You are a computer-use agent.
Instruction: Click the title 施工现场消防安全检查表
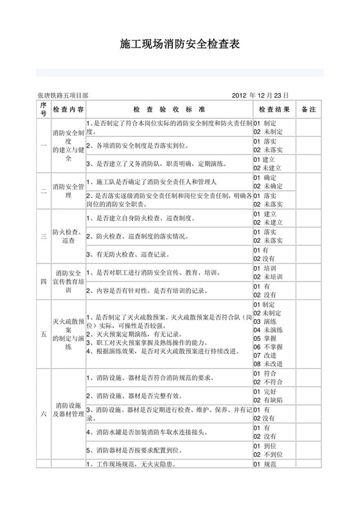coord(180,44)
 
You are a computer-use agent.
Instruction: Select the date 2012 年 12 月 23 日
coord(260,94)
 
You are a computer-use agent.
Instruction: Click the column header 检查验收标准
coord(169,109)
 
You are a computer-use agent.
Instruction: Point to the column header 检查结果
coord(274,109)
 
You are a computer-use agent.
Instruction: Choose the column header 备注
coord(309,109)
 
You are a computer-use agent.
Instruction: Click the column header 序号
coord(43,109)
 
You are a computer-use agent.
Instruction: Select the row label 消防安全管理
coord(68,191)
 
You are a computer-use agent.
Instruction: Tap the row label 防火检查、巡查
coord(68,237)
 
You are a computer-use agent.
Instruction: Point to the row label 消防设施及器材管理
coord(68,410)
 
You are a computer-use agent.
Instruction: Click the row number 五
coord(43,334)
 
